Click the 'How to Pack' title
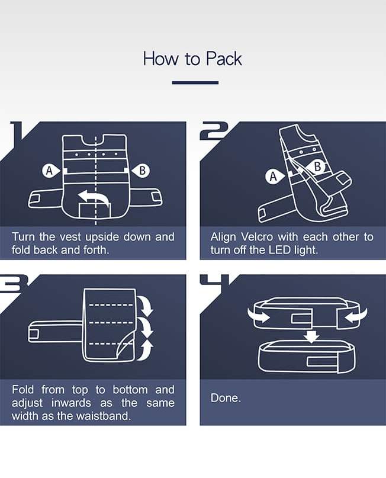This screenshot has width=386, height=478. pyautogui.click(x=192, y=59)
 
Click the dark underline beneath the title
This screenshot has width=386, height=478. pyautogui.click(x=195, y=82)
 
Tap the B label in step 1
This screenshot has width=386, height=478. pyautogui.click(x=141, y=171)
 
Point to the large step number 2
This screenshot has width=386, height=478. pyautogui.click(x=214, y=131)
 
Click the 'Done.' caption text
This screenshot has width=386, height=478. pyautogui.click(x=226, y=398)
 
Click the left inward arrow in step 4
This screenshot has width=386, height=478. pyautogui.click(x=258, y=316)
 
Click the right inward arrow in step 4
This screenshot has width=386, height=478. pyautogui.click(x=356, y=315)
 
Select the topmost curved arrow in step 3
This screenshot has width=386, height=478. pyautogui.click(x=146, y=305)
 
